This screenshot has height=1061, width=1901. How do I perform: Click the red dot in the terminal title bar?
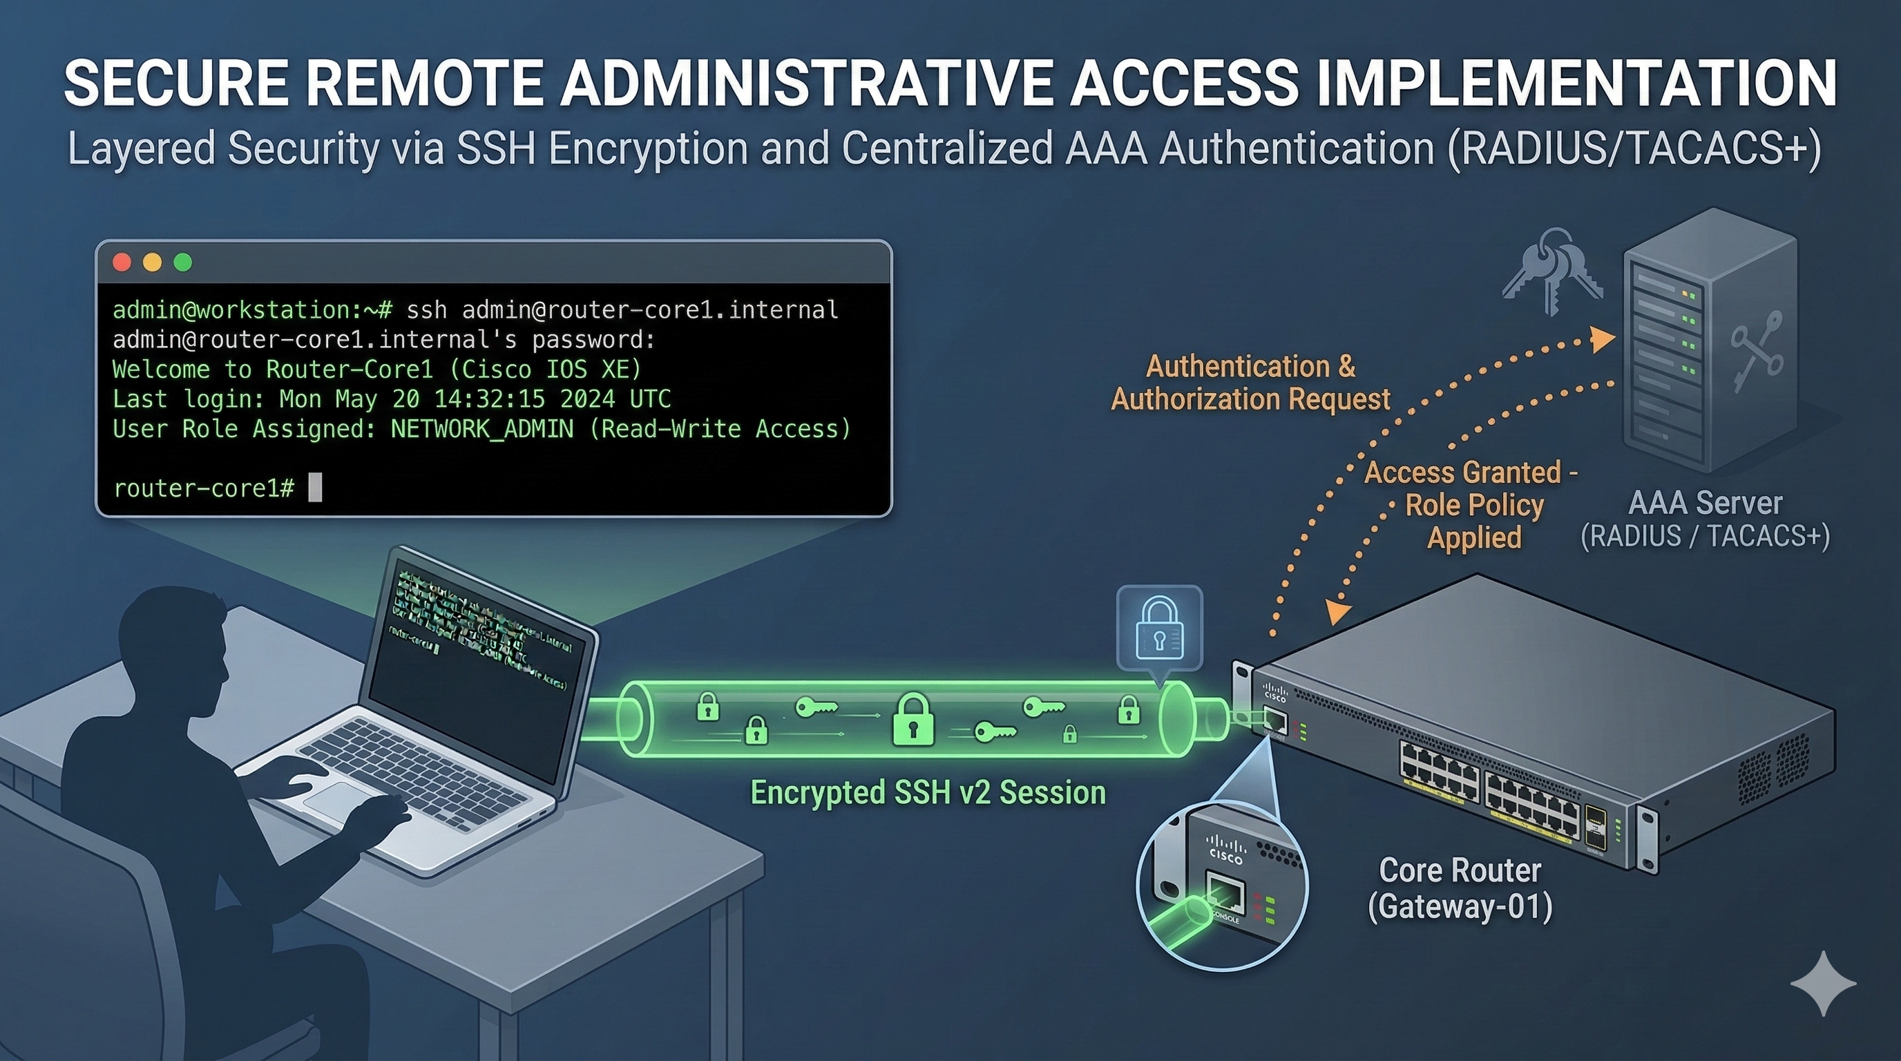click(x=122, y=262)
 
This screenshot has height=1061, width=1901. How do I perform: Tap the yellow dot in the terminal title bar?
click(x=152, y=262)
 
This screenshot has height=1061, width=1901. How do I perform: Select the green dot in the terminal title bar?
click(x=182, y=262)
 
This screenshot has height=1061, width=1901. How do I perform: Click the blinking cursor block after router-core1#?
click(x=315, y=488)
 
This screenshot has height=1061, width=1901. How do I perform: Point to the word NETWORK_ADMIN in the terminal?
click(x=481, y=429)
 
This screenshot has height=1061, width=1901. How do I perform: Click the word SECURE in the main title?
click(x=175, y=83)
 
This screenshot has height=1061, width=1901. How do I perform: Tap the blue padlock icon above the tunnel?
click(x=1159, y=629)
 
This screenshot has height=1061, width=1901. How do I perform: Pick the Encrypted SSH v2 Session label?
click(x=928, y=792)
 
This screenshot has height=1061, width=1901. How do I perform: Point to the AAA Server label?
click(x=1705, y=504)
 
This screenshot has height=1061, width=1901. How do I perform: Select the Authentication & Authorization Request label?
click(x=1251, y=383)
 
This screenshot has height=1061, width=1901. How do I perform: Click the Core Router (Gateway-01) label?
click(x=1460, y=888)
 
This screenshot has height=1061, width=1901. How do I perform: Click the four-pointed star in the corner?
click(x=1824, y=983)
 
